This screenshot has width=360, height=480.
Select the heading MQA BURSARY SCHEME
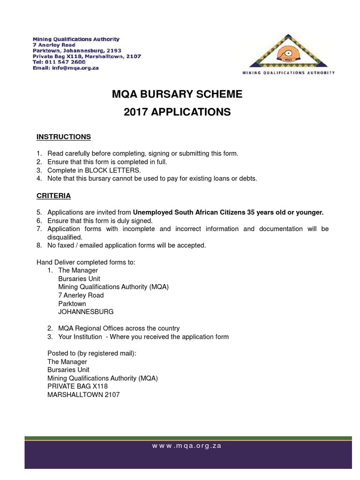click(177, 94)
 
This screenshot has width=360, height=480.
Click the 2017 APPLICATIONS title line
click(177, 112)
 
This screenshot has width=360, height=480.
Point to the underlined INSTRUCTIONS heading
click(64, 137)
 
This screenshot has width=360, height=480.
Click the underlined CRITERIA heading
click(53, 195)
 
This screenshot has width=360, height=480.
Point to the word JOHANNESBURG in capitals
click(86, 312)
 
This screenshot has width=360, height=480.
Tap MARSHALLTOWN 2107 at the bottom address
click(83, 395)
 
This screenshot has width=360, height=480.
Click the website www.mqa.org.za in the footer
click(187, 446)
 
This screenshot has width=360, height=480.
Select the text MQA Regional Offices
click(88, 329)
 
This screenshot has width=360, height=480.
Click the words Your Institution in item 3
click(80, 337)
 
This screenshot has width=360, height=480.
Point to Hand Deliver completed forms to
click(86, 262)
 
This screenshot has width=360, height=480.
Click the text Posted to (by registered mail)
click(92, 353)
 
